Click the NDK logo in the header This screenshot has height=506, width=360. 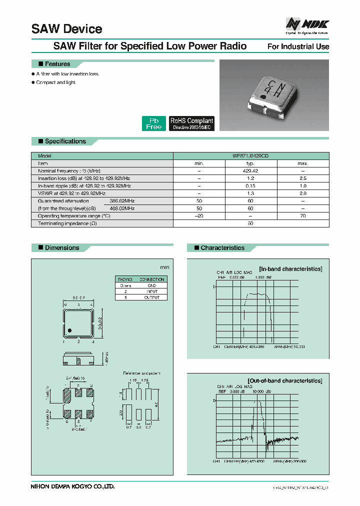(x=307, y=25)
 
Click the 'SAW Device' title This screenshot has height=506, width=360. (x=66, y=29)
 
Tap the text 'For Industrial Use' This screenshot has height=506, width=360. (x=298, y=46)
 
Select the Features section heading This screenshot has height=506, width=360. (x=57, y=64)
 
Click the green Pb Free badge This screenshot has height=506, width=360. (x=154, y=123)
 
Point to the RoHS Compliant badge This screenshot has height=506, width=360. (x=192, y=123)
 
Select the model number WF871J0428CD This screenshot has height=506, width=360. (x=251, y=156)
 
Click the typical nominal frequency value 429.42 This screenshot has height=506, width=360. (x=251, y=170)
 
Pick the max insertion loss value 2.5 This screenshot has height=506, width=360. (x=302, y=178)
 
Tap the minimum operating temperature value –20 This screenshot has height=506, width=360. (x=199, y=215)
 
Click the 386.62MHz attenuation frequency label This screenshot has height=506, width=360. (x=122, y=200)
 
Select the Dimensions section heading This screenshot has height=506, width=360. (x=62, y=247)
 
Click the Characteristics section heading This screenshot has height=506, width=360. (x=222, y=247)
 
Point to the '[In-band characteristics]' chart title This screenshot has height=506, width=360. (x=290, y=269)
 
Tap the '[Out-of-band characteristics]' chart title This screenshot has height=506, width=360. (x=284, y=380)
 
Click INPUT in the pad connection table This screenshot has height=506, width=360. (x=152, y=291)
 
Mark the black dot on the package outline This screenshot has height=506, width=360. (x=70, y=330)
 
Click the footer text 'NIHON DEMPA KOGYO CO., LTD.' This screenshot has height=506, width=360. (x=73, y=485)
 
